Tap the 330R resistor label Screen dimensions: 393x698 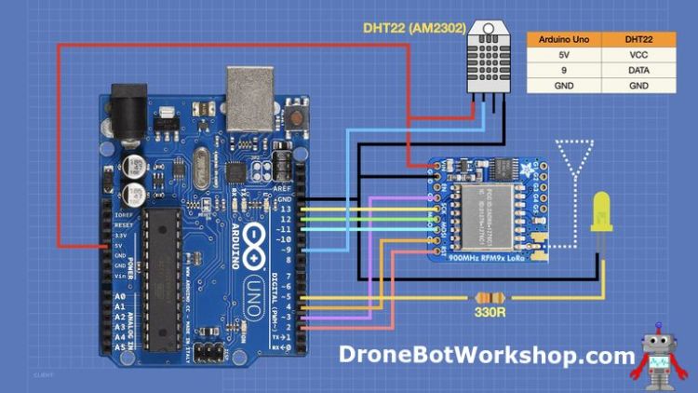pos(490,313)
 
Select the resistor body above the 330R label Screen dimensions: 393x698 pos(490,298)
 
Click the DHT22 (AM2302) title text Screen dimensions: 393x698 pos(414,28)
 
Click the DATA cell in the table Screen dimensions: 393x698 pos(638,70)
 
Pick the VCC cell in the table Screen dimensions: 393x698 pos(638,55)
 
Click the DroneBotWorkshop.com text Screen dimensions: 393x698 pos(486,355)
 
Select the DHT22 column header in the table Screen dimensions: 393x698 pos(638,40)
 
